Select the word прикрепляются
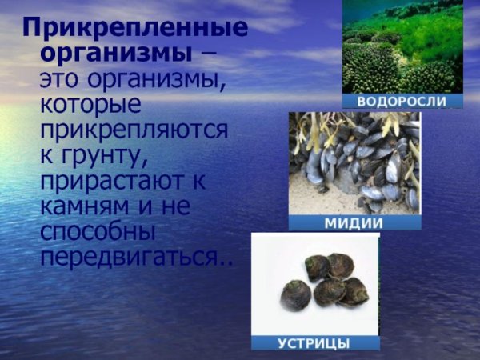(x=134, y=130)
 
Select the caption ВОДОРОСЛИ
(x=402, y=102)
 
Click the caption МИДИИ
(x=354, y=223)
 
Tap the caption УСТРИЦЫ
(x=313, y=343)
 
